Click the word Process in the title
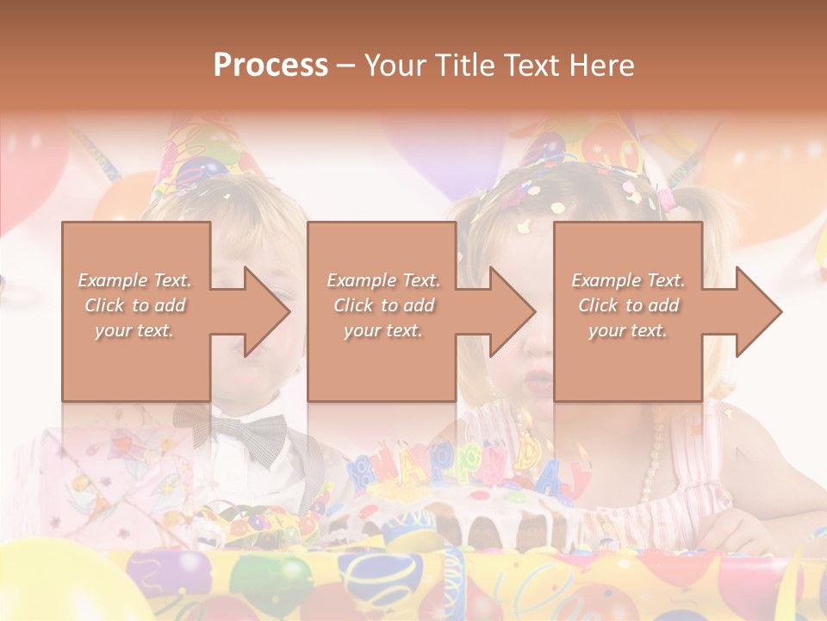270,65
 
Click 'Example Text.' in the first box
134,280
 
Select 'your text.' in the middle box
382,330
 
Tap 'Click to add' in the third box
628,305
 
